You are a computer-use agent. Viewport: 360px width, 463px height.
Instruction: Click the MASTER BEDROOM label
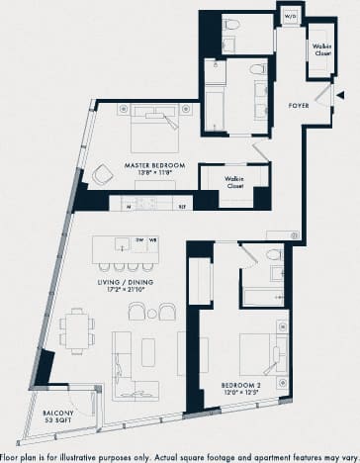coord(151,164)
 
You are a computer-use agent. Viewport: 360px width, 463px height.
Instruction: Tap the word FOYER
coord(299,104)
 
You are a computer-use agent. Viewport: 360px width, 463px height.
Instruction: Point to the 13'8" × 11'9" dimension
coord(151,173)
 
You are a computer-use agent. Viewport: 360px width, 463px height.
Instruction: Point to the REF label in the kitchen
coord(182,206)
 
